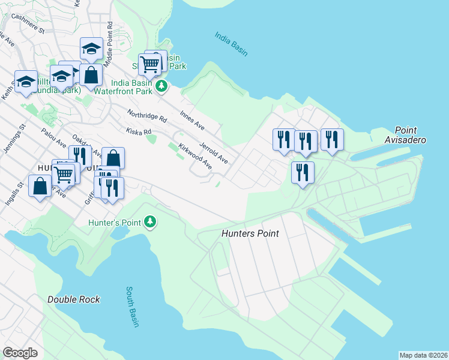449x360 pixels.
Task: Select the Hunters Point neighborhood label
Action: pyautogui.click(x=250, y=233)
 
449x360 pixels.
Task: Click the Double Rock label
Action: pyautogui.click(x=74, y=299)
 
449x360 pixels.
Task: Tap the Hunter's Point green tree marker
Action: pyautogui.click(x=150, y=223)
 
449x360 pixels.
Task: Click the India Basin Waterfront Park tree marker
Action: pyautogui.click(x=161, y=86)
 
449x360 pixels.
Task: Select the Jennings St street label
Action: pyautogui.click(x=14, y=139)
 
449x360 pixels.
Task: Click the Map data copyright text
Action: pyautogui.click(x=423, y=355)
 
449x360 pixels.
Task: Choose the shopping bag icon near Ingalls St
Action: pyautogui.click(x=40, y=185)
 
